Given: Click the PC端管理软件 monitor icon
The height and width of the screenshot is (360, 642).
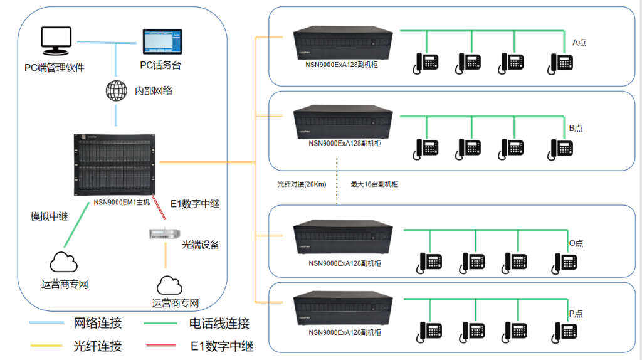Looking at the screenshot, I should click(x=56, y=42).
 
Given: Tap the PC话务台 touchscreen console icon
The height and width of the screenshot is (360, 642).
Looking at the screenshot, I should click(x=161, y=43).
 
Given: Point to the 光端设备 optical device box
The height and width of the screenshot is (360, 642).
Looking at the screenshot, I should click(x=165, y=233).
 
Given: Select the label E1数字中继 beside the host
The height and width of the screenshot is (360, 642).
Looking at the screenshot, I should click(x=195, y=204).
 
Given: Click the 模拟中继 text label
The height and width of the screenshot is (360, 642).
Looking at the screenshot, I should click(x=50, y=216).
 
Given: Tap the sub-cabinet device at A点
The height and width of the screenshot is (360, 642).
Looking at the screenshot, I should click(x=344, y=42).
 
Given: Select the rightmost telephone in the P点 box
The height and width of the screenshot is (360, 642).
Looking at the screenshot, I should click(x=565, y=331).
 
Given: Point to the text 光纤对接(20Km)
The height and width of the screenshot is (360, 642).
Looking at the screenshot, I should click(x=302, y=184).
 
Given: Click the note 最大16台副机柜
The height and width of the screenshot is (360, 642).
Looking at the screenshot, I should click(x=374, y=184).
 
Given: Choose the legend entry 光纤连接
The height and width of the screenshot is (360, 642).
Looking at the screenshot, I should click(x=98, y=345).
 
